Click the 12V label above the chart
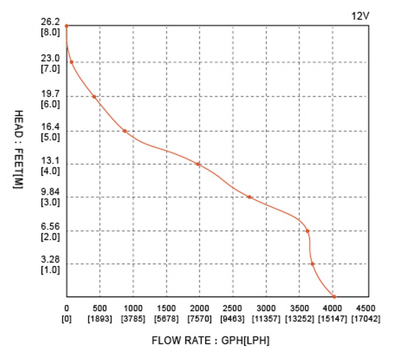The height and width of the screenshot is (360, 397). pos(360,16)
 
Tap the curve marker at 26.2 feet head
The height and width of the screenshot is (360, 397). pos(66,26)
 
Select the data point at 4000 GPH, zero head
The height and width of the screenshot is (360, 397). pos(334,297)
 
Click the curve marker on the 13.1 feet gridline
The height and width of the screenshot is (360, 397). pos(198,164)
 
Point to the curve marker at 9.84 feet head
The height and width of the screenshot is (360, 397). pos(249,197)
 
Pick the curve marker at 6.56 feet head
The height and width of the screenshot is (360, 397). pos(307,231)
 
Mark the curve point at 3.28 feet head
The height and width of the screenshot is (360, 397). pos(312,264)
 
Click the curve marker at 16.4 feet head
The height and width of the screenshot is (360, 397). pos(124,131)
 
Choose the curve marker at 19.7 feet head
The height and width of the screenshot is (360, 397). pos(94,97)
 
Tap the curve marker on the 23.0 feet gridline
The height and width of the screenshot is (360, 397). pos(71,62)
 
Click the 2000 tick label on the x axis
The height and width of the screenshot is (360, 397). pos(200,308)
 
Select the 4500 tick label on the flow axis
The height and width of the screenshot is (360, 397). pos(365,308)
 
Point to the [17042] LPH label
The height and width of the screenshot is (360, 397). pos(365,318)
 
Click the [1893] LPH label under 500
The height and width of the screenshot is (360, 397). pos(100,318)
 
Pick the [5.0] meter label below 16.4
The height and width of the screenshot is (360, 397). pos(50,137)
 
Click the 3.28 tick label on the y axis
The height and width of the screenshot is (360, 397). pos(50,260)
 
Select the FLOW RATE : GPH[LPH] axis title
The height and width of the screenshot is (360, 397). pos(210,341)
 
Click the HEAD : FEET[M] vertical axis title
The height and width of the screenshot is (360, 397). pos(18,151)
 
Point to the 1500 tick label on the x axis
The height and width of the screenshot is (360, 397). pos(166,308)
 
